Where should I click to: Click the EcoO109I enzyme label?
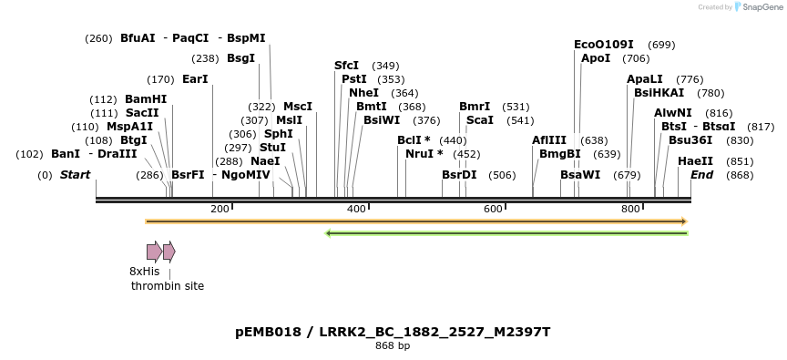click(x=603, y=45)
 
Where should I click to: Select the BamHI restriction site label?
click(x=146, y=99)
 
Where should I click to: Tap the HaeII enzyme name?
click(x=695, y=161)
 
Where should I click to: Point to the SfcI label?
click(x=346, y=66)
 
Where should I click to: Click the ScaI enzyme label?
click(x=479, y=120)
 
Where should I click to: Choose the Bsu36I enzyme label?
click(x=690, y=140)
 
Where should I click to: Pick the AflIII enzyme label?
click(x=549, y=140)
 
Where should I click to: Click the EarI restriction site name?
click(x=195, y=79)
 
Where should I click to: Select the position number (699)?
click(x=661, y=45)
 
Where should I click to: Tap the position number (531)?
click(x=516, y=107)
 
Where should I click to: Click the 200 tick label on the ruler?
click(x=220, y=210)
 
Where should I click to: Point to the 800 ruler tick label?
click(x=630, y=210)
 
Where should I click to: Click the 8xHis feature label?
click(x=144, y=272)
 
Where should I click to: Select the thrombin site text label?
click(x=168, y=286)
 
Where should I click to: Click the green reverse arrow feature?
click(x=506, y=233)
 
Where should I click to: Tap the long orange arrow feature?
click(x=415, y=221)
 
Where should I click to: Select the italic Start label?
click(x=75, y=175)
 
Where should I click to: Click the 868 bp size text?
click(x=393, y=346)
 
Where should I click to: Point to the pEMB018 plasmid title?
click(x=393, y=332)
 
